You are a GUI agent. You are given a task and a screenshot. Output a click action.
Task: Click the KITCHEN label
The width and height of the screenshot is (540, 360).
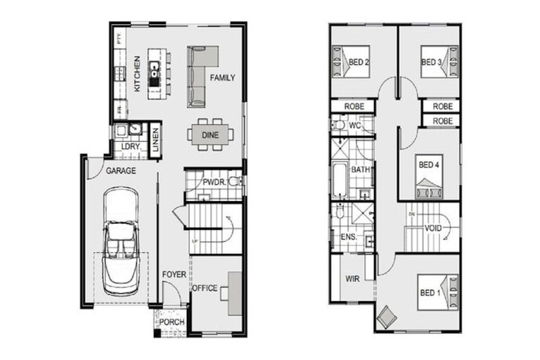[x=137, y=76]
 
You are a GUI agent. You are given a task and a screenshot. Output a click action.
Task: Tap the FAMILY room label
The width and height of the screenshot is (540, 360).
[x=222, y=78]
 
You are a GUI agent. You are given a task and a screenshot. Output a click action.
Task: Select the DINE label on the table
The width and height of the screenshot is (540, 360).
[x=210, y=134]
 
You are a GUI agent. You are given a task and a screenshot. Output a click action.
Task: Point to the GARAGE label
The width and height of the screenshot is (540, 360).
[x=120, y=171]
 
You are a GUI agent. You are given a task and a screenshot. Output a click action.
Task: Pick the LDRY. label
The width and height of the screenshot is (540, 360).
[x=130, y=147]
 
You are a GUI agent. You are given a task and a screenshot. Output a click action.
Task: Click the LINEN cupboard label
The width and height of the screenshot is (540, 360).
[x=155, y=139]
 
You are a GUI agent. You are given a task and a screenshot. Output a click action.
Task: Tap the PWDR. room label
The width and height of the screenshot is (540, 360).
[x=213, y=182]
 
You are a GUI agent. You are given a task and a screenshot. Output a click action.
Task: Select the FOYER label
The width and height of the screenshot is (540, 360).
[x=173, y=274]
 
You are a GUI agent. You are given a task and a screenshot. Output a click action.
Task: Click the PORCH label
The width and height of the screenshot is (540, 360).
[x=172, y=322]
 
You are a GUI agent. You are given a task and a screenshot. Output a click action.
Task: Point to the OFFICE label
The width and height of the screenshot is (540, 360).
[x=205, y=288]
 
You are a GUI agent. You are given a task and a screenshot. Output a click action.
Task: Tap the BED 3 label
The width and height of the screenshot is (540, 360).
[x=431, y=63]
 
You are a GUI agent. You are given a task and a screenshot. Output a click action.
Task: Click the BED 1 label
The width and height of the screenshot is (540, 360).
[x=430, y=292]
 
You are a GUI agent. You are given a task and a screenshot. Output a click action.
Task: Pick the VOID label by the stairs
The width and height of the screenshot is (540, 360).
[x=433, y=228]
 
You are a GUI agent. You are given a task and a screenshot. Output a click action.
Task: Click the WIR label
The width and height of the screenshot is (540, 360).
[x=352, y=278]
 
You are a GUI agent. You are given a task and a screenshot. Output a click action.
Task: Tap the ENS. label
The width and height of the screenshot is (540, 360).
[x=348, y=238]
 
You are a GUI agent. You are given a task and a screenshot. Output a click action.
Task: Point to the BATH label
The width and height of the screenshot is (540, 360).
[x=361, y=170]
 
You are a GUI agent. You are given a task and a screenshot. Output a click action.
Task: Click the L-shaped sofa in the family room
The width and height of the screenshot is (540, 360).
[x=200, y=70]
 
